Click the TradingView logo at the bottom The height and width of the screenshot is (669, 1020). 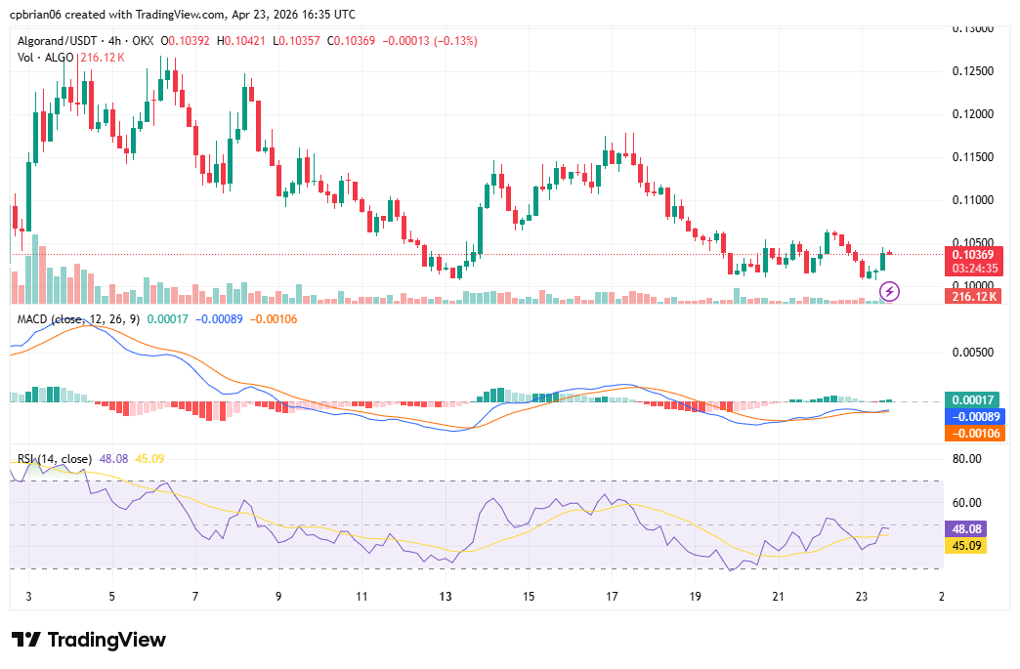click(x=89, y=640)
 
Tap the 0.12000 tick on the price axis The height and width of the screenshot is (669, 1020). click(x=972, y=114)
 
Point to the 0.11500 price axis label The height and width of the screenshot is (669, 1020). click(x=972, y=157)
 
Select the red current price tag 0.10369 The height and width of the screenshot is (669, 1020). click(x=972, y=254)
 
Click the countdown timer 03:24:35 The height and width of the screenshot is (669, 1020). click(x=972, y=268)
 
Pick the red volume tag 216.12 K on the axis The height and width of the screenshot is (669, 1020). click(x=972, y=296)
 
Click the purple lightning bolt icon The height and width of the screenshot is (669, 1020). click(x=891, y=291)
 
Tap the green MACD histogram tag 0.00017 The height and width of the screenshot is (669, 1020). click(x=972, y=400)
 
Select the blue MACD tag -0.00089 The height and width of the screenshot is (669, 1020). click(x=972, y=416)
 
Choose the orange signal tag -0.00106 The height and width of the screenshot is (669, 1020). click(x=972, y=432)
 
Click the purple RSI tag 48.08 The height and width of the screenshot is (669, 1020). click(x=972, y=528)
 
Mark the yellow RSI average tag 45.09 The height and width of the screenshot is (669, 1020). click(x=972, y=545)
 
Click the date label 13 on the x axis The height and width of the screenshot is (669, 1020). click(x=446, y=596)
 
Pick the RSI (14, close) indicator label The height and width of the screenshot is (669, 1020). click(x=55, y=459)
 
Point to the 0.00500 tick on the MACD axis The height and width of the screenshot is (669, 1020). click(x=972, y=353)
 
